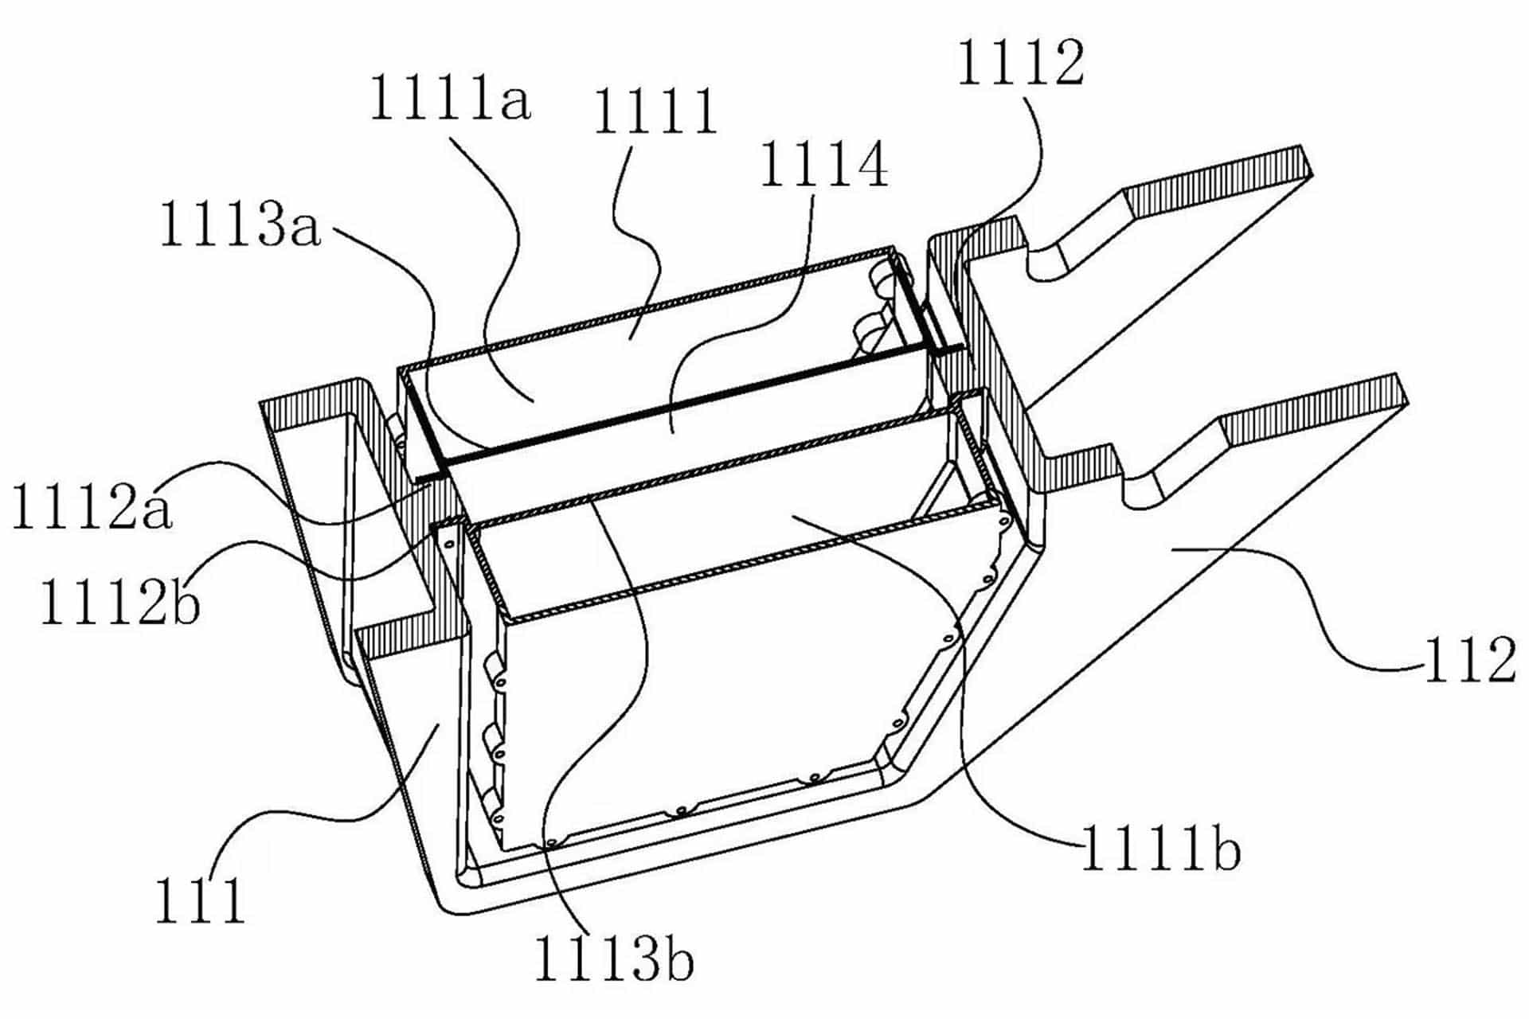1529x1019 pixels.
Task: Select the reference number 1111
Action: [x=655, y=111]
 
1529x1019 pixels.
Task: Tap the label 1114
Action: [x=824, y=166]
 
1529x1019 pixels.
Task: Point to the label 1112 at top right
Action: [x=1021, y=63]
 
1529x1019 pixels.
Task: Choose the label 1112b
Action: [x=119, y=603]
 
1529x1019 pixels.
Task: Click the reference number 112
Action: [x=1470, y=661]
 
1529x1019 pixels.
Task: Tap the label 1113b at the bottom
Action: [x=613, y=959]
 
